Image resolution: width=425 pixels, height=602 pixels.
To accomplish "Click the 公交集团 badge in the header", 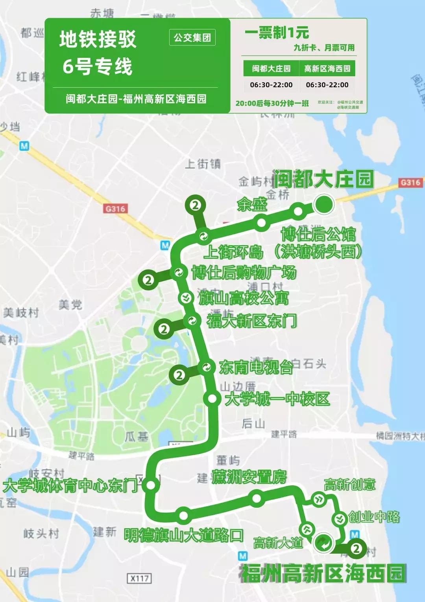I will pos(192,38).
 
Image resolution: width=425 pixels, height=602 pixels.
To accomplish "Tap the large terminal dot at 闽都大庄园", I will pos(324,204).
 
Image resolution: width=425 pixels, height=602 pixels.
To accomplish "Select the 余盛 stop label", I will pos(252,204).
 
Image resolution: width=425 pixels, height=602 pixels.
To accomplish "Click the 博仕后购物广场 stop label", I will pos(244,273).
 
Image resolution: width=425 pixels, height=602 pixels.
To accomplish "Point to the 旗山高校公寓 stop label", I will pos(244,298).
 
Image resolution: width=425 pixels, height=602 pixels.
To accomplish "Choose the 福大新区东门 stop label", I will pos(251,321).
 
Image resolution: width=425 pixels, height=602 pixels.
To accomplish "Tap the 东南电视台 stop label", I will pos(256,367).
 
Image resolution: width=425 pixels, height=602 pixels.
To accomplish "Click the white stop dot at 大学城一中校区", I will pos(212,398).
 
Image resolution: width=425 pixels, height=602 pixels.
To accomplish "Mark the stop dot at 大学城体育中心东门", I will pos(151,485).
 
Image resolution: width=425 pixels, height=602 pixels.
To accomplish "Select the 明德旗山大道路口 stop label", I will pos(184,535).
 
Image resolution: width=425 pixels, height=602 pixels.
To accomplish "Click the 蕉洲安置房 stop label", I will pos(249,477).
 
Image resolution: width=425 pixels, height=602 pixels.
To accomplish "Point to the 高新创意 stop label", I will pos(349,485).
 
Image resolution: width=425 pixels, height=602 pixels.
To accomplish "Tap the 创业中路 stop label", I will pos(374,517).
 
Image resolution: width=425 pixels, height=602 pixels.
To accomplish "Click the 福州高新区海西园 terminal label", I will pos(323,573).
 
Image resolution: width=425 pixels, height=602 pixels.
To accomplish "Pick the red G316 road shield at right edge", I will pos(410,182).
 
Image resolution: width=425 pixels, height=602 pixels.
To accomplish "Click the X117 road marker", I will pos(140,578).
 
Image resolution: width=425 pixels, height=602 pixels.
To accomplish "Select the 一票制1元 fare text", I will pos(277,33).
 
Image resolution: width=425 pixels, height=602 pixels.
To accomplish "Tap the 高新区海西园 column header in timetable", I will pos(327,69).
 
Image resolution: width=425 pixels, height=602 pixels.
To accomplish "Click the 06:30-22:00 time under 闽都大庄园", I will pos(271,85).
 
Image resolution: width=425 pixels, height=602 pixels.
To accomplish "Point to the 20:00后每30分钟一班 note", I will pos(272,103).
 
